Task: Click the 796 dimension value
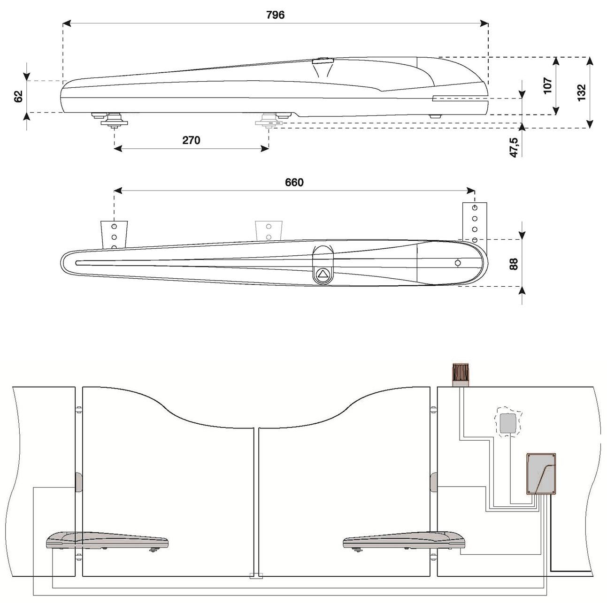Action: pos(275,15)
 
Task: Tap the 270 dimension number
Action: pos(191,140)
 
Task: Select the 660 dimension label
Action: pos(294,183)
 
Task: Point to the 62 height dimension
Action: pos(19,96)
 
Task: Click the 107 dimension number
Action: pos(548,85)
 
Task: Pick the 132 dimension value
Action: pos(582,92)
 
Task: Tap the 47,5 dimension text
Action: pos(514,147)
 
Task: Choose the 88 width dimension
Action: pos(514,264)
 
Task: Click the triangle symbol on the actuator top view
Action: pos(323,274)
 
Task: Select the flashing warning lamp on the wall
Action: pos(461,375)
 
